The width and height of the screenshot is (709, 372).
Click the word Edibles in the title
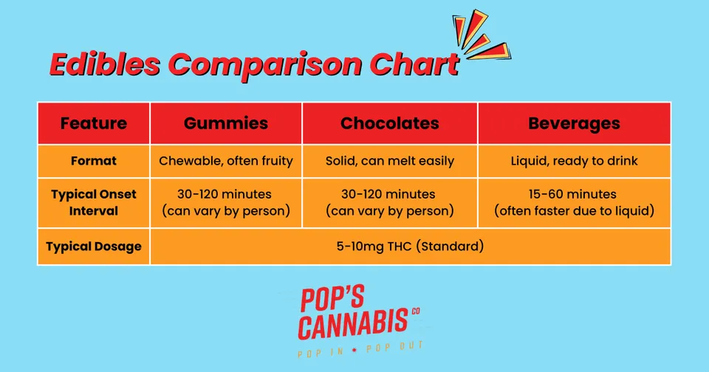coord(105,64)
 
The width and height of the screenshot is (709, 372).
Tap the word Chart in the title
coord(414,64)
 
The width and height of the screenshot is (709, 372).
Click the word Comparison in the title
coord(265,66)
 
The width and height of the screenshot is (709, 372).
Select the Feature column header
coord(94,123)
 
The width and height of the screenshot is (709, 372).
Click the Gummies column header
coord(226,123)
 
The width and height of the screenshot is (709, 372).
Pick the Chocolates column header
coord(390,123)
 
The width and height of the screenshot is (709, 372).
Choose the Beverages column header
coord(575,124)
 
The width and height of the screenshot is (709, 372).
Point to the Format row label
coord(94,161)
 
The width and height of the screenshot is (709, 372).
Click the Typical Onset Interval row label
coord(94,202)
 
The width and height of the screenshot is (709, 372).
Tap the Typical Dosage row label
coord(94,247)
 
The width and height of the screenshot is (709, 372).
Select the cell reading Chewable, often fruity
coord(226,161)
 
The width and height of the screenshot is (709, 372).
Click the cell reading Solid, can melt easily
coord(390,161)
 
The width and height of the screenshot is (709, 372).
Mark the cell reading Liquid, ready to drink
coord(575,161)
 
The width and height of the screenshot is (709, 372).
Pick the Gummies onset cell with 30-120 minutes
coord(226,202)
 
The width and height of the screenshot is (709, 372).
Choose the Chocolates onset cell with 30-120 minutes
coord(390,202)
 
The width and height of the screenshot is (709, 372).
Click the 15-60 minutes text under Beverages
coord(572,194)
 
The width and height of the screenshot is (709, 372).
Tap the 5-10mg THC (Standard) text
coord(410,247)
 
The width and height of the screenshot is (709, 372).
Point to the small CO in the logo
coord(416,311)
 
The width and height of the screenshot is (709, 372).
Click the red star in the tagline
coord(354,350)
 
